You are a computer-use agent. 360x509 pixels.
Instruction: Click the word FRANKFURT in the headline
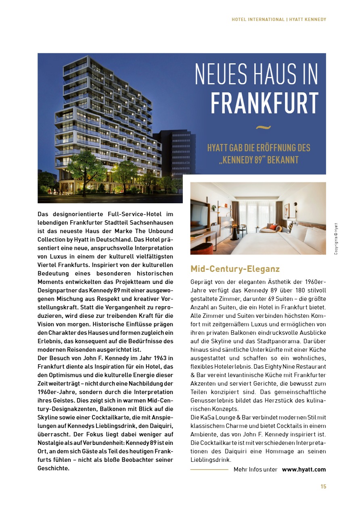click(x=264, y=103)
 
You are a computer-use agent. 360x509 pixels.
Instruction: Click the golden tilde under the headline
click(x=264, y=128)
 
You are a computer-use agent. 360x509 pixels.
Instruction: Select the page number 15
click(x=323, y=486)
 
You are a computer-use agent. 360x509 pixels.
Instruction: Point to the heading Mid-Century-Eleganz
click(x=235, y=269)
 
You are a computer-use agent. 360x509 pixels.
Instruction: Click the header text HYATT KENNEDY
click(x=308, y=19)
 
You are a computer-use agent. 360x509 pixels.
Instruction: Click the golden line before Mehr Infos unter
click(x=209, y=469)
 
